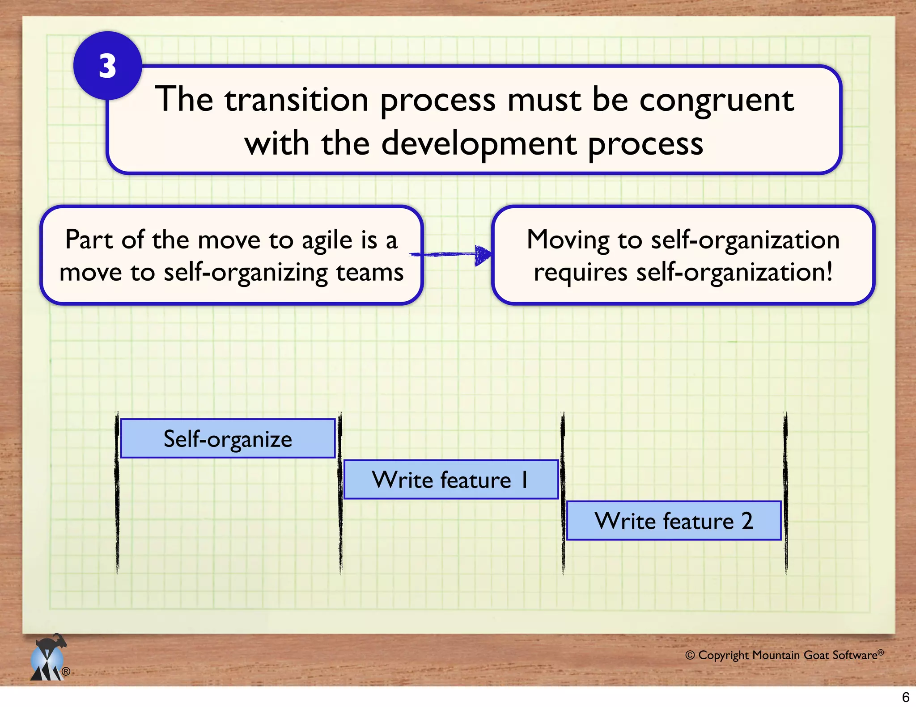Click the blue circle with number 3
coord(107,66)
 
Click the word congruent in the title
coord(717,101)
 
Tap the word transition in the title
coord(297,100)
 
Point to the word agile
coord(327,240)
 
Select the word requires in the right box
coord(580,273)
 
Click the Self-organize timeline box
coord(228,438)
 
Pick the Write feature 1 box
coord(451,480)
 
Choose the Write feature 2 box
coord(674,521)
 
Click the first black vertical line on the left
coord(117,492)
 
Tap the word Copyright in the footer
coord(723,655)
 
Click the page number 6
coord(905,697)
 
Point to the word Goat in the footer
coord(816,655)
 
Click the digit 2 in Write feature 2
coord(747,521)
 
